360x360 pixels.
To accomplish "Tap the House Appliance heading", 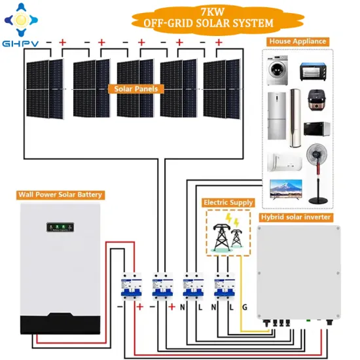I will point(297,41).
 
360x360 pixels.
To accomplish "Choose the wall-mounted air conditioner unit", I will point(281,160).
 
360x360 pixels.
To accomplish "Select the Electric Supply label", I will point(227,203).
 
